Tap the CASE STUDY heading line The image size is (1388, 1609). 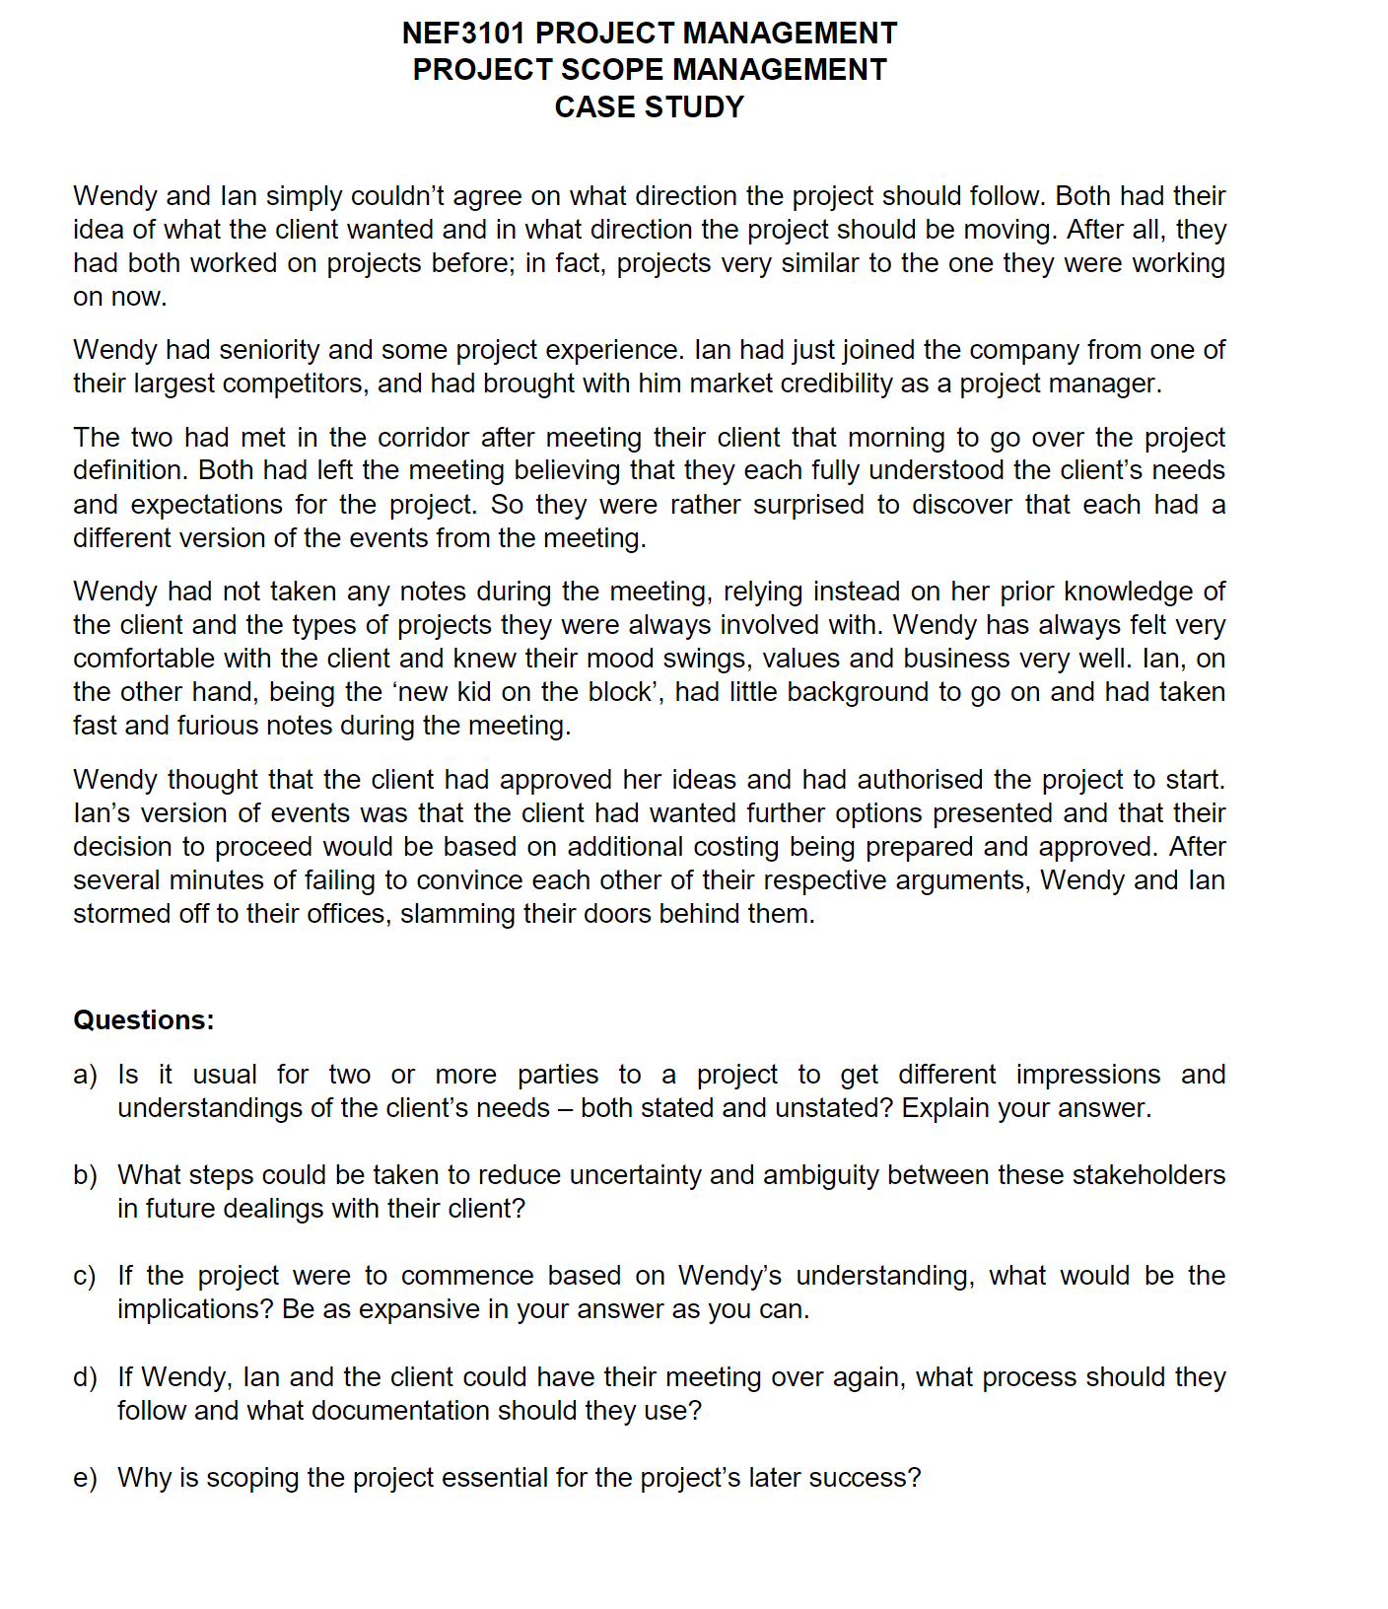[x=649, y=106]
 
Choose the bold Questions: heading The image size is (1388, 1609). [x=144, y=1020]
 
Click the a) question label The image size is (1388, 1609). [x=85, y=1075]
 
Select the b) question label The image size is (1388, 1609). [x=85, y=1175]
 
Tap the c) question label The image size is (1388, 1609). [x=85, y=1276]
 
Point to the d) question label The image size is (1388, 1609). [x=85, y=1377]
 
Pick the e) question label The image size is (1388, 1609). [x=85, y=1478]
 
